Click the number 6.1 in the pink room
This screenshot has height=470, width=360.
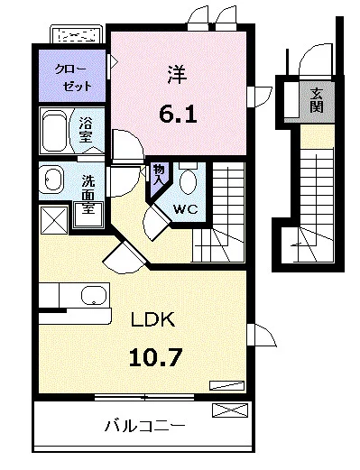click(x=177, y=114)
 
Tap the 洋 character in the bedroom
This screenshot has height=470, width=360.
click(x=176, y=74)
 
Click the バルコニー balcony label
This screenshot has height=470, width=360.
click(x=144, y=424)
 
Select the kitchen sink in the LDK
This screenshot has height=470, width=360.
click(x=91, y=296)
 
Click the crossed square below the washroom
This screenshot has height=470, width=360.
click(x=52, y=218)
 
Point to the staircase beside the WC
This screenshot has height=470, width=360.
click(x=222, y=213)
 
